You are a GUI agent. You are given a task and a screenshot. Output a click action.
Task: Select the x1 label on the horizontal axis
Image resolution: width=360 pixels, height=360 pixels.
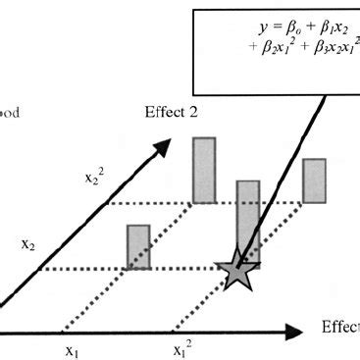[71, 349]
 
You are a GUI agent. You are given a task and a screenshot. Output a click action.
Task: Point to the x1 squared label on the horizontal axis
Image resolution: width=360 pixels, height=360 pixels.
[182, 350]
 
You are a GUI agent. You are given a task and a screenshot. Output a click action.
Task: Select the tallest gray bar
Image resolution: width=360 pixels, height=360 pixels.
[204, 170]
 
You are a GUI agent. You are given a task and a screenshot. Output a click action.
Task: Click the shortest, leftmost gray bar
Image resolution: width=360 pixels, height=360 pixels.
[138, 246]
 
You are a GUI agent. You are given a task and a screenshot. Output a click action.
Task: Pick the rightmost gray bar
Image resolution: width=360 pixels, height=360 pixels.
[314, 180]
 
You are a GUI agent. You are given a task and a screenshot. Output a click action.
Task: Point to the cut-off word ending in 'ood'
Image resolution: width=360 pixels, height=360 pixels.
[18, 112]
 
